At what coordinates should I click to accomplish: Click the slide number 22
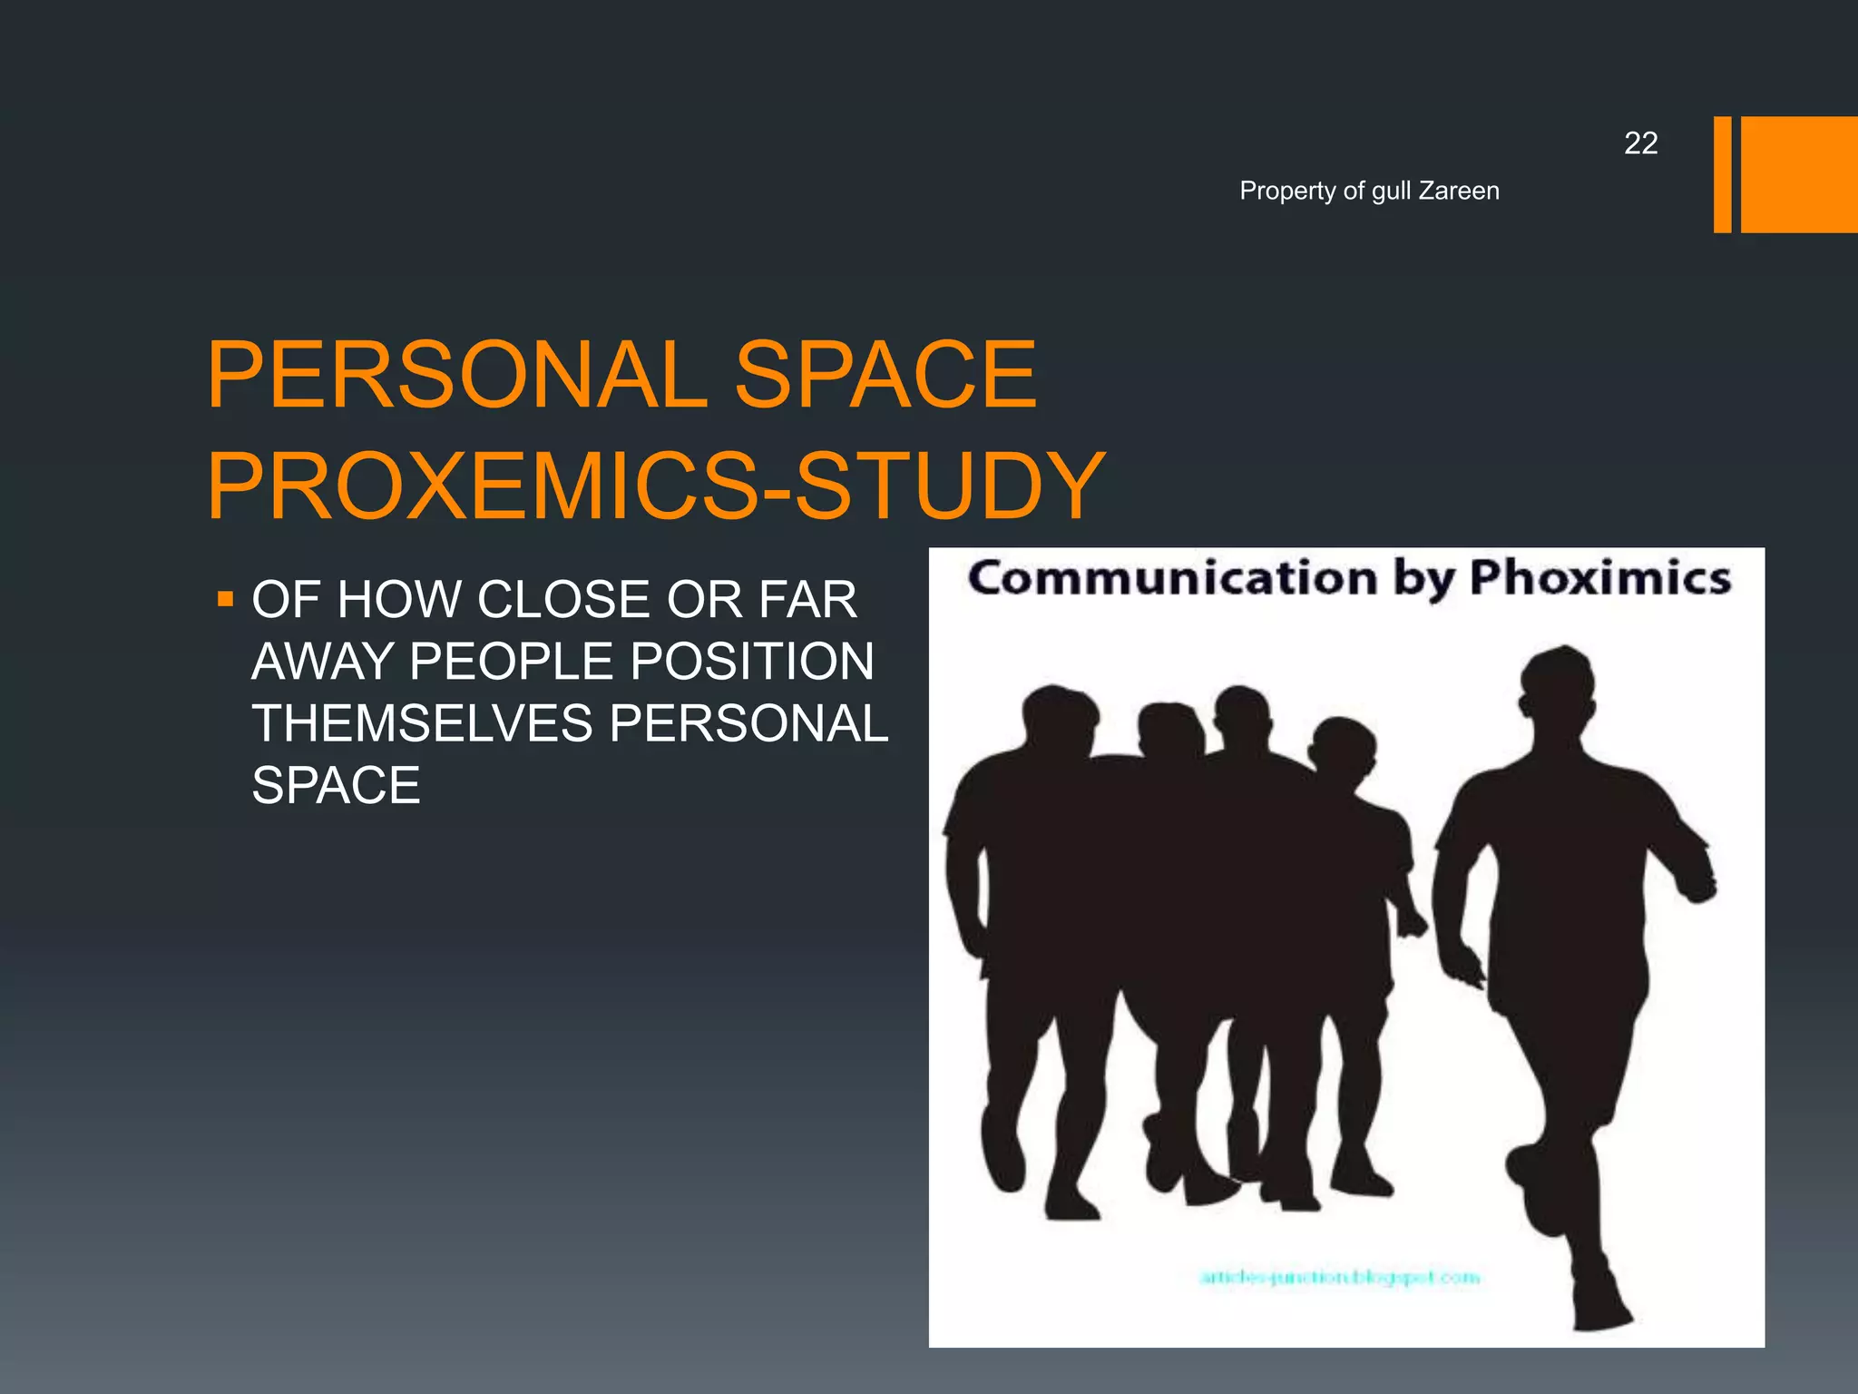1640,143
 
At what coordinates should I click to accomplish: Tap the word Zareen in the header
1459,191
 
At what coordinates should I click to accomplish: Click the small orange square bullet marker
226,599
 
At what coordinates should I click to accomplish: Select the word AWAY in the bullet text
322,662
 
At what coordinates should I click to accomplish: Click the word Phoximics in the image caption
1600,578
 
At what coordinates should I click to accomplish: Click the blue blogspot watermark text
1339,1278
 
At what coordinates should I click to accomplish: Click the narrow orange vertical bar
1722,174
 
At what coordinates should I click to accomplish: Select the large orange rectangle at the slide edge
1799,174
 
